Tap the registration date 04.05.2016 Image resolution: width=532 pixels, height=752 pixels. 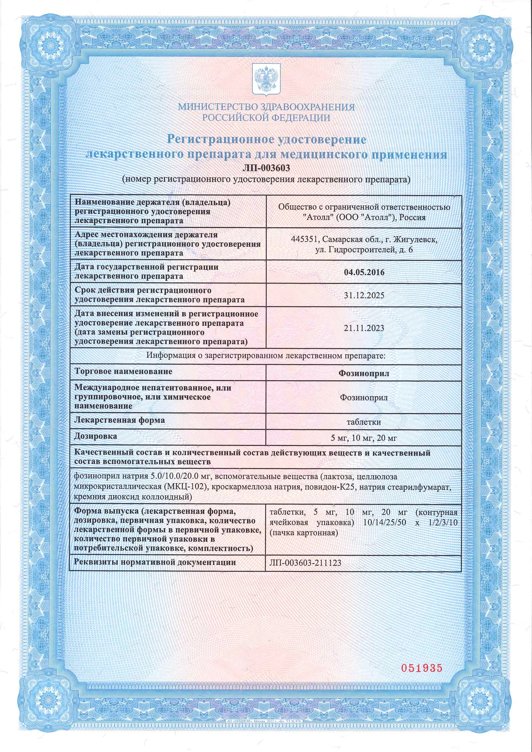tap(364, 272)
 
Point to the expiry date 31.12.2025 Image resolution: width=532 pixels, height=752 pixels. tap(364, 295)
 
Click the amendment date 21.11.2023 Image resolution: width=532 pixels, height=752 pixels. tap(364, 328)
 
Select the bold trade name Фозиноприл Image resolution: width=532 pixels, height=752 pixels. tap(364, 373)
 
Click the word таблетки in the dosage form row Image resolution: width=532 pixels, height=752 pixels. tap(364, 422)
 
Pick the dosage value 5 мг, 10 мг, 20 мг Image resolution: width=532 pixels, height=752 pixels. tap(364, 438)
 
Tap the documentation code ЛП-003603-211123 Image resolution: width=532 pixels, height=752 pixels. tap(305, 563)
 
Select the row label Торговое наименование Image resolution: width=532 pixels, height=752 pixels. tap(124, 371)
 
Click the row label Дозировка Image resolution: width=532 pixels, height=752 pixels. tap(96, 436)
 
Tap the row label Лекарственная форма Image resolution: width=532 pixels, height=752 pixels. tap(120, 420)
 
